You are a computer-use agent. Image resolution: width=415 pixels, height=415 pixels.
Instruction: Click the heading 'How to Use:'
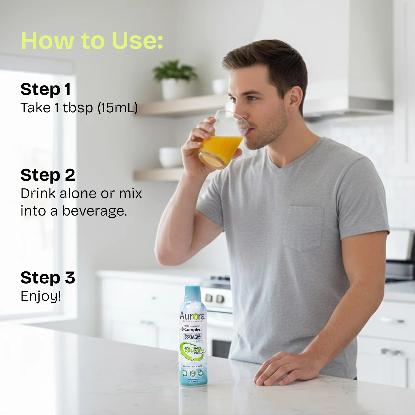pos(92,41)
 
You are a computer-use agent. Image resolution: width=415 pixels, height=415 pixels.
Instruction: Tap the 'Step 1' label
pos(46,89)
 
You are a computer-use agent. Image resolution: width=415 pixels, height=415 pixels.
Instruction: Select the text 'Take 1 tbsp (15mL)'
pos(79,108)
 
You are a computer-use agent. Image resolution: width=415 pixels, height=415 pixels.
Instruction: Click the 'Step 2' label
pos(48,175)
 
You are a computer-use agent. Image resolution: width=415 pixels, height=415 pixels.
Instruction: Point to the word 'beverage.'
pos(95,211)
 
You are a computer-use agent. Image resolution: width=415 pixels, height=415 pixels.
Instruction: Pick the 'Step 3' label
pos(48,277)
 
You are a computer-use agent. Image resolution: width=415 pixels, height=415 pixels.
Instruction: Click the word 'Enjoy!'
pos(41,296)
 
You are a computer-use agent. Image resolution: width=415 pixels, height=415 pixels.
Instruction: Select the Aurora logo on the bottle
pos(192,316)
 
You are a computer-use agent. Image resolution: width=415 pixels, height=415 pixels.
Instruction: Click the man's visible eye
pos(252,98)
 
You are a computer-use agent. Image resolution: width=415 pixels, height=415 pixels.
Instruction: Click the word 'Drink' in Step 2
pos(38,193)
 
